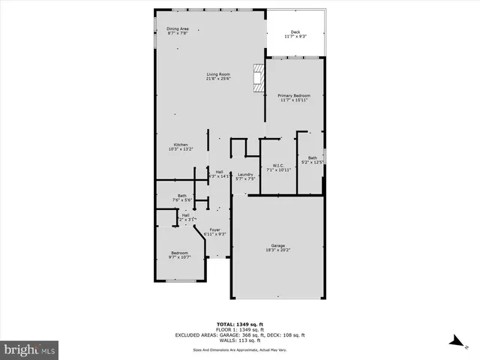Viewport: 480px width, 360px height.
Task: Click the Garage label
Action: pyautogui.click(x=278, y=246)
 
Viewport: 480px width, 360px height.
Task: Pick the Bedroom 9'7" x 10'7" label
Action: pyautogui.click(x=180, y=254)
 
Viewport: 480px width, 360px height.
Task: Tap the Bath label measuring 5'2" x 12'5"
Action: pyautogui.click(x=313, y=158)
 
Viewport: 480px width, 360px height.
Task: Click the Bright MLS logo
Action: pyautogui.click(x=30, y=349)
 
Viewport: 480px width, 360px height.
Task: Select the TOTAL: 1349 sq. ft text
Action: pyautogui.click(x=240, y=324)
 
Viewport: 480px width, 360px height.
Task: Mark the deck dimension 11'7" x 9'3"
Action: pyautogui.click(x=296, y=36)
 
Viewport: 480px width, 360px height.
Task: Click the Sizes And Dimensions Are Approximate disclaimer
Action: pyautogui.click(x=240, y=349)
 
